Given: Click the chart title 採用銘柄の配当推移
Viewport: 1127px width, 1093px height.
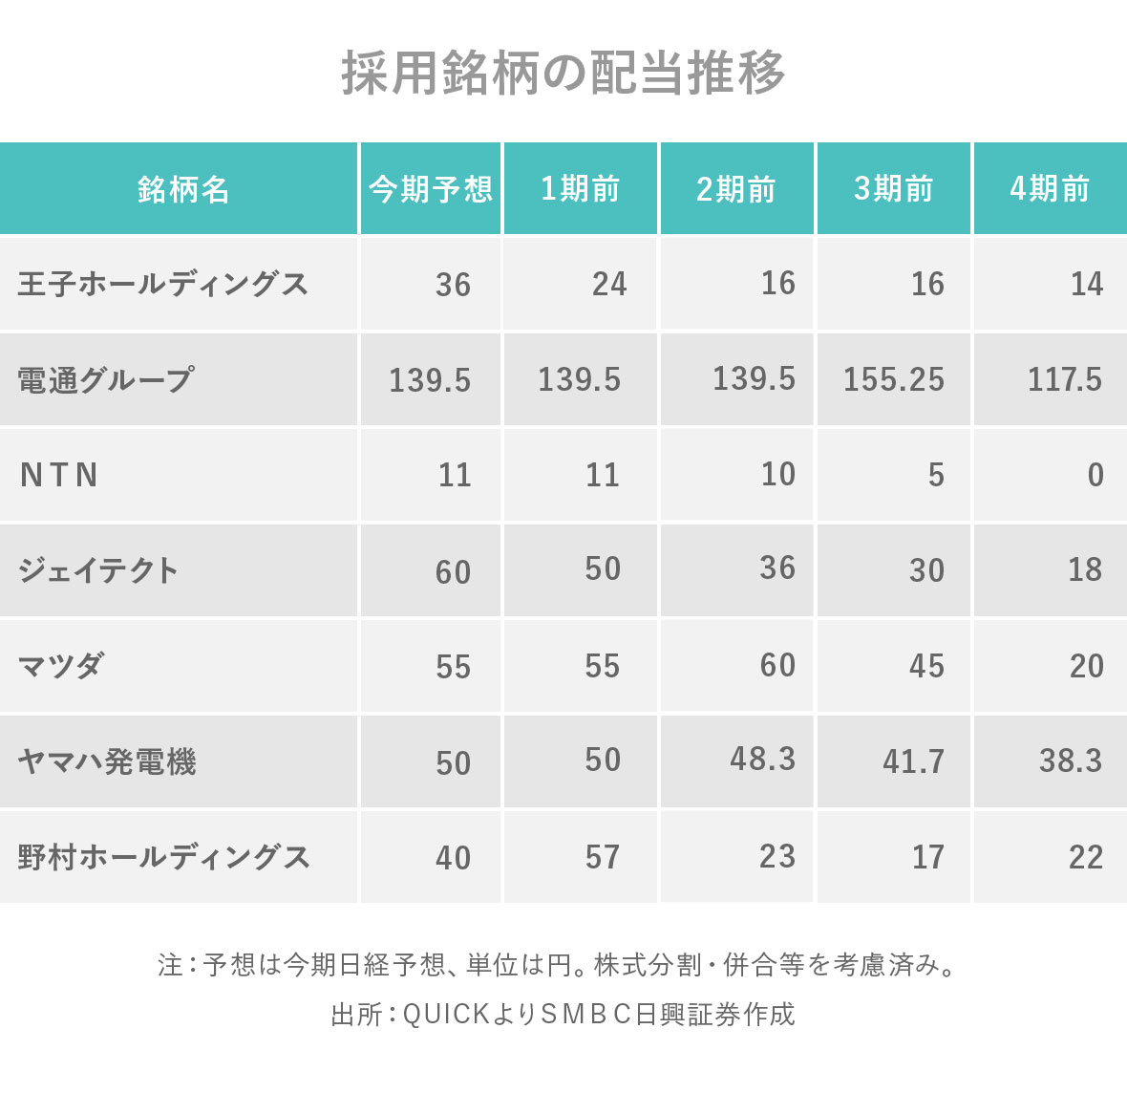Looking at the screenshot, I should tap(563, 73).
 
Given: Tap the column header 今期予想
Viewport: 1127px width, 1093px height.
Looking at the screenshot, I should tap(431, 189).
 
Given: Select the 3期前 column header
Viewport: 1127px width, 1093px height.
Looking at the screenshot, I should tap(893, 189).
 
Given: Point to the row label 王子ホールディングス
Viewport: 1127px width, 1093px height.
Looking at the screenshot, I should tap(163, 284).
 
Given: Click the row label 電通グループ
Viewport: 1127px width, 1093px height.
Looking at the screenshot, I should tap(106, 379).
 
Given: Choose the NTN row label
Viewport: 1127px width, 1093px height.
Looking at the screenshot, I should tap(59, 475).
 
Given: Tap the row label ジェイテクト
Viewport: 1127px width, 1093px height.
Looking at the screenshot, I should tap(98, 570).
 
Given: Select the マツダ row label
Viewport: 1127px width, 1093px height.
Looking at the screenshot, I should tap(61, 666).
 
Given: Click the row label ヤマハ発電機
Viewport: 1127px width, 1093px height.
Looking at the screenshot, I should tap(107, 761).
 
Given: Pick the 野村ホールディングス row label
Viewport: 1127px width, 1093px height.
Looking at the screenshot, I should tap(164, 857).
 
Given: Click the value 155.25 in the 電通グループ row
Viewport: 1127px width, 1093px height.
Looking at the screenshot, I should tap(893, 379).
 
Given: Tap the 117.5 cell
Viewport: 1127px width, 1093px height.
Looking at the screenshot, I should tap(1064, 379).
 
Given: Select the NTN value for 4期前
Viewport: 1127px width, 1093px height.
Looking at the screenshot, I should tap(1095, 475).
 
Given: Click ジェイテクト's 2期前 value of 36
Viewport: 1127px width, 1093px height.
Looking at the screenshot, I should tap(777, 568).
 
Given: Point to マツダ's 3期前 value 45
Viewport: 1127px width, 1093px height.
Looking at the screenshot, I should tap(926, 666).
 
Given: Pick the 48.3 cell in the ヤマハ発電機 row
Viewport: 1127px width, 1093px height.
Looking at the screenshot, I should tap(762, 759).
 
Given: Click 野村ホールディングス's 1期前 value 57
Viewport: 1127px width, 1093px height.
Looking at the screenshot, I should tap(603, 857).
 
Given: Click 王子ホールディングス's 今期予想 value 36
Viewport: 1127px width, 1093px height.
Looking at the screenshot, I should tap(453, 285).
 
